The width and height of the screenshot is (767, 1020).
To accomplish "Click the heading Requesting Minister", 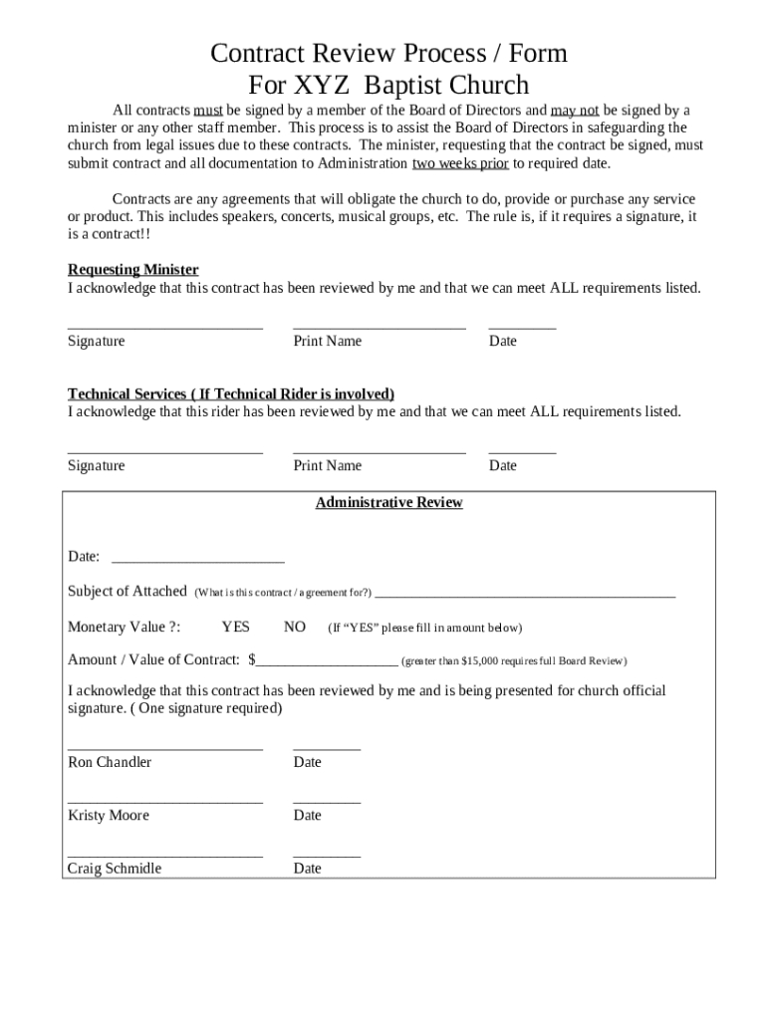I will tap(132, 270).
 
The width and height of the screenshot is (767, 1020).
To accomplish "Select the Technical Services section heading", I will tap(231, 393).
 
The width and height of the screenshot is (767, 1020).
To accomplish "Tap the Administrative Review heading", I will tap(388, 503).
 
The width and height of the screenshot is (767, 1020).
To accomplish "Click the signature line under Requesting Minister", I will tap(165, 326).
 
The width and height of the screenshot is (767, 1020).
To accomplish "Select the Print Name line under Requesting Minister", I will tap(379, 326).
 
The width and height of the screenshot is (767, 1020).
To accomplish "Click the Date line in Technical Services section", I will tap(522, 450).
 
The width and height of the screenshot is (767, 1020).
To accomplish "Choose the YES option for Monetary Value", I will tap(236, 628).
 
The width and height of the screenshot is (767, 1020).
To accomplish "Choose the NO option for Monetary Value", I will tap(295, 628).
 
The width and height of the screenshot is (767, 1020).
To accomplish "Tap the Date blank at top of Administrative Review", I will tap(198, 559).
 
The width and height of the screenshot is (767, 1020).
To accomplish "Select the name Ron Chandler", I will tap(110, 763).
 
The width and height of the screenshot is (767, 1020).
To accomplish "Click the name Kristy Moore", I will tap(109, 816).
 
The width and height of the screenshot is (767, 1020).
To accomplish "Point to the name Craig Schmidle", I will tap(115, 869).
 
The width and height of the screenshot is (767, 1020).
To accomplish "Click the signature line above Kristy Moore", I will tap(165, 800).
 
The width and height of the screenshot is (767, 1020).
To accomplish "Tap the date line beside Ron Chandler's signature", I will tap(327, 747).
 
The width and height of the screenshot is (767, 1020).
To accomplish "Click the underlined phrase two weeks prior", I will tap(460, 163).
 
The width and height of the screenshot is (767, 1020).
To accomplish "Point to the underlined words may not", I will tap(575, 111).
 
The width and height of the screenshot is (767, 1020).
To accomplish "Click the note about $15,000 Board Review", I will tap(514, 661).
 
